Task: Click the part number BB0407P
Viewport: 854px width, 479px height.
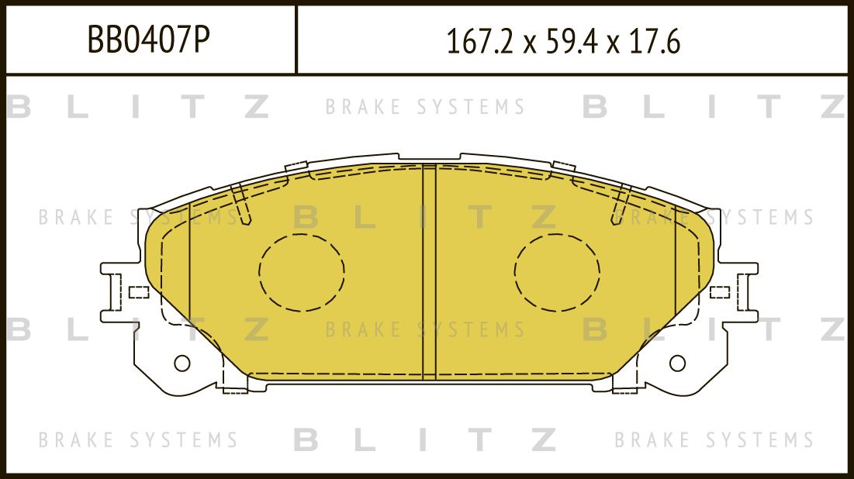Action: point(148,40)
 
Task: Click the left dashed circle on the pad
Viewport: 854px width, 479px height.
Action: point(302,271)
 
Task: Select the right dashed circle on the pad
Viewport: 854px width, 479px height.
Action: point(556,271)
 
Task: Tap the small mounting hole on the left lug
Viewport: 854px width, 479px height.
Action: point(182,362)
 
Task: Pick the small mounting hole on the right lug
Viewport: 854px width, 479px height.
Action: point(677,362)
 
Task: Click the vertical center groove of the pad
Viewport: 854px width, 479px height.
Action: point(429,271)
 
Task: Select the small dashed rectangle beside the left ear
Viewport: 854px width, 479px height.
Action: point(138,292)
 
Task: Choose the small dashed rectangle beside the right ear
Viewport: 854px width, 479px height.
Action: point(719,292)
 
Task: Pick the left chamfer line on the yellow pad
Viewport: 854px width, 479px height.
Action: point(189,287)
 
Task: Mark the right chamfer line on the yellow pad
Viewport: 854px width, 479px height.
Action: point(675,287)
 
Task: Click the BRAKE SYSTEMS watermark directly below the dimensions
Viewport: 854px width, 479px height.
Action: point(425,107)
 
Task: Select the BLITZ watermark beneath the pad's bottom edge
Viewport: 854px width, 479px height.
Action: point(425,440)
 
